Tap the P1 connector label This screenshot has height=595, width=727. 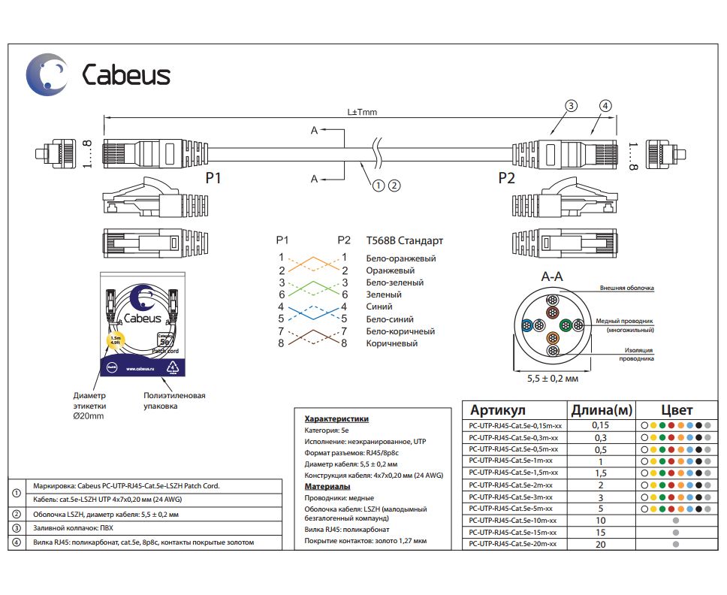point(214,178)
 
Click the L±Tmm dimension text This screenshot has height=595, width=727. point(362,113)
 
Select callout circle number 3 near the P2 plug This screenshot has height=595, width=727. point(571,106)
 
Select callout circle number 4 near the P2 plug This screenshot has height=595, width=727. point(605,106)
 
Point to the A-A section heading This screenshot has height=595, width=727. point(552,276)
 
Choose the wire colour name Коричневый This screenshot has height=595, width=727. point(391,343)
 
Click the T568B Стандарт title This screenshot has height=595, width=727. point(404,240)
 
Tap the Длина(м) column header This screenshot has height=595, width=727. point(601,410)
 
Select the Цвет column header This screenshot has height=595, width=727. point(675,410)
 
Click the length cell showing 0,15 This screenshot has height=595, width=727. point(600,425)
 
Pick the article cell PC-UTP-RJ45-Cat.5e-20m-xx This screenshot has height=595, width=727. point(512,544)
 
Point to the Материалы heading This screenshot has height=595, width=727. point(327,486)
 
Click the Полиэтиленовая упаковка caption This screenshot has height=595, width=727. point(174,400)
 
